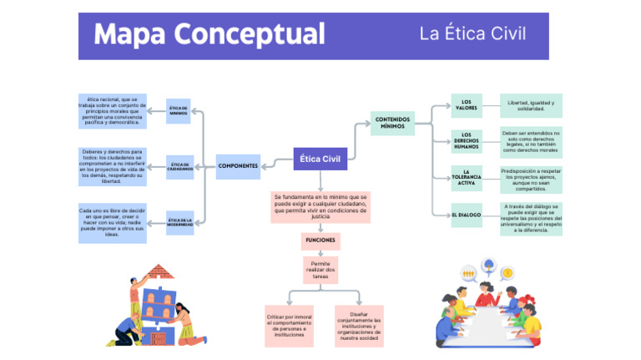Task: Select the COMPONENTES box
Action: click(238, 165)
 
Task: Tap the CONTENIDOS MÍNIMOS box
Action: click(392, 123)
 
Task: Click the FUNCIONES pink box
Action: click(320, 240)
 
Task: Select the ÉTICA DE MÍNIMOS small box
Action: click(178, 110)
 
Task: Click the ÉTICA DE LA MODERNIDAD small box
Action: click(179, 222)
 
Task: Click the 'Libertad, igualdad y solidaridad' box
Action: click(531, 105)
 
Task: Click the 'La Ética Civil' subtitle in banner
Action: click(472, 34)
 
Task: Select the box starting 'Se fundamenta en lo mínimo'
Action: click(320, 207)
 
